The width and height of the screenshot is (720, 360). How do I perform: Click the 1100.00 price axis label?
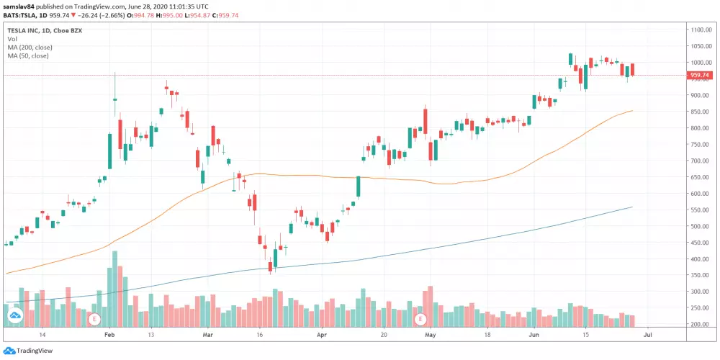(701, 30)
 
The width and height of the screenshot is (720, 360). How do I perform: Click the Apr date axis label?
(322, 335)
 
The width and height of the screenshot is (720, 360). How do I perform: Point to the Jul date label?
(649, 335)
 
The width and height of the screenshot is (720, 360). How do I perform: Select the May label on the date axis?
(431, 335)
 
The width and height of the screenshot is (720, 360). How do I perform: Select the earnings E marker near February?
(93, 318)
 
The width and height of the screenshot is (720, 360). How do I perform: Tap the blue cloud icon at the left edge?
(13, 315)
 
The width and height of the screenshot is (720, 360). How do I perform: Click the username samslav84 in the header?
(19, 5)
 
